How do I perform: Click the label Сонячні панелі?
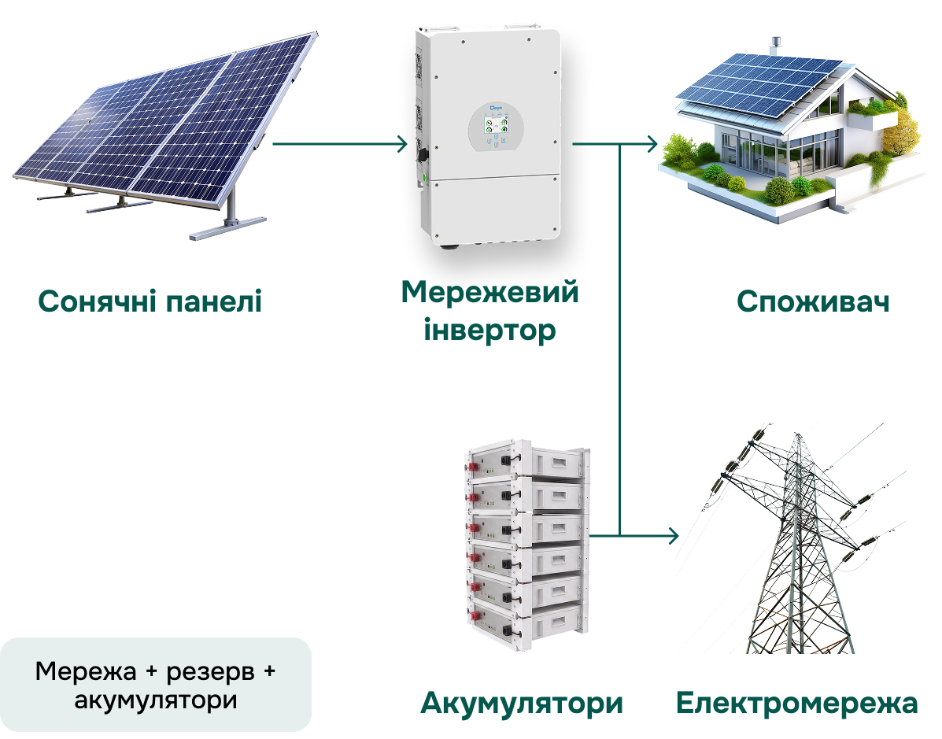click(150, 301)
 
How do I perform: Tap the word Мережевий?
click(489, 292)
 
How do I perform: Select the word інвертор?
click(489, 331)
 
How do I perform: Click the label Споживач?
click(813, 301)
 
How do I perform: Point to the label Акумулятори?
click(522, 704)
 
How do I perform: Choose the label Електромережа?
click(796, 703)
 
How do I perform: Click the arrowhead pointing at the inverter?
click(402, 144)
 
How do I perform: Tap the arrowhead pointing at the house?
click(652, 144)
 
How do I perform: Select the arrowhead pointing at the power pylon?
click(673, 534)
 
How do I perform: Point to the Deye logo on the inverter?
click(497, 108)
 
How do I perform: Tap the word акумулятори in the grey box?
click(156, 700)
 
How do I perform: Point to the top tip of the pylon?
click(798, 434)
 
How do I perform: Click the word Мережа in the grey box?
click(86, 671)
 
